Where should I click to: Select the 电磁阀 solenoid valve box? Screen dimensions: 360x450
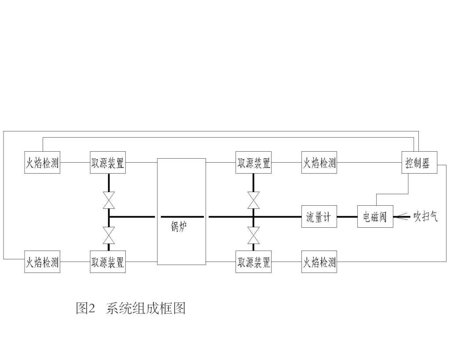[x=375, y=217]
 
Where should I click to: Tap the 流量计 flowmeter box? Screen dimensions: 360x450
[x=319, y=217]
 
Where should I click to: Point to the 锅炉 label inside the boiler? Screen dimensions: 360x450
[x=181, y=227]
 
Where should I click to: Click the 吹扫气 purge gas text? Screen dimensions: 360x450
[x=425, y=217]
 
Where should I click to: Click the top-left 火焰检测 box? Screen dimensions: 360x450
[x=42, y=164]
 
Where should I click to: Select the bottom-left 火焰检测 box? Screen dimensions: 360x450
[x=42, y=262]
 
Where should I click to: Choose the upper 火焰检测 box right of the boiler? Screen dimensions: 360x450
[x=319, y=164]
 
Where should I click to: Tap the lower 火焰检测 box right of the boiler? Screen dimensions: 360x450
[x=319, y=262]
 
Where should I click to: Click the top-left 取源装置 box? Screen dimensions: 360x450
[x=108, y=164]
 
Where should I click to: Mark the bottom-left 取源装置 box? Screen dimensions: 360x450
[x=108, y=262]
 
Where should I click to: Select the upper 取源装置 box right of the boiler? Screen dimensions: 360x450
[x=253, y=164]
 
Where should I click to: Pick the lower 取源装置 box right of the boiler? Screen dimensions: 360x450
[x=253, y=262]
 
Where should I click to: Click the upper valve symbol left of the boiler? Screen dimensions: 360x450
[x=108, y=200]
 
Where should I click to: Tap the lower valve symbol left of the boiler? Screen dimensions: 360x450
[x=108, y=235]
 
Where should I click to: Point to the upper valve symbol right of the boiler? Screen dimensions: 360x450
[x=253, y=200]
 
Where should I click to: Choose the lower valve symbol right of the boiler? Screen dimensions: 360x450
[x=253, y=235]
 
